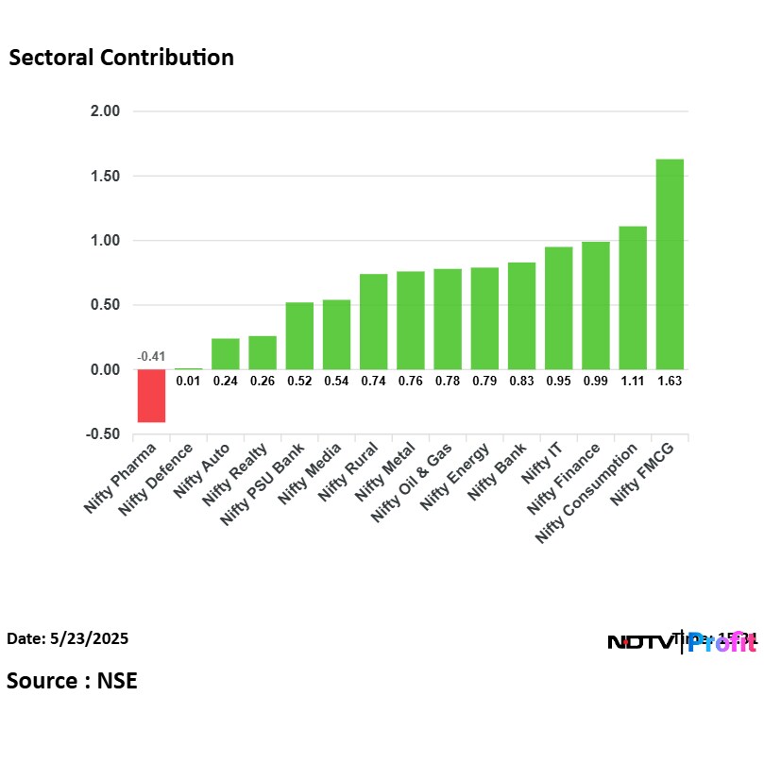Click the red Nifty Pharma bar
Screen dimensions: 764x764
click(151, 396)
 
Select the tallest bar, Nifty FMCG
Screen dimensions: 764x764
click(670, 264)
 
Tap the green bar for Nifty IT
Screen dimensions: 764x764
click(558, 308)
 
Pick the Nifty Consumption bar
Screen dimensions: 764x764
click(633, 297)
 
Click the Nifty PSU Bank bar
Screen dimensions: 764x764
click(299, 335)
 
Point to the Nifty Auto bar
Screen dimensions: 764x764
click(225, 353)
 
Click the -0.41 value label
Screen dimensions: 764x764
click(151, 357)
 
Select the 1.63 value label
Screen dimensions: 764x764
click(670, 381)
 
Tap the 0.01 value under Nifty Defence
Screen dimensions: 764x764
click(188, 381)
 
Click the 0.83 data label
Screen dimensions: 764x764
click(521, 381)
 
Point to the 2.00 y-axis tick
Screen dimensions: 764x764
click(105, 111)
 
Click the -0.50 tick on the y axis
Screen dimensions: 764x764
click(103, 434)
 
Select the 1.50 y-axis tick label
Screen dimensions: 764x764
click(105, 177)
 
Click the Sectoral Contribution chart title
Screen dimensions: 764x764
click(121, 58)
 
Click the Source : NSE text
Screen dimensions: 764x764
click(72, 681)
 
